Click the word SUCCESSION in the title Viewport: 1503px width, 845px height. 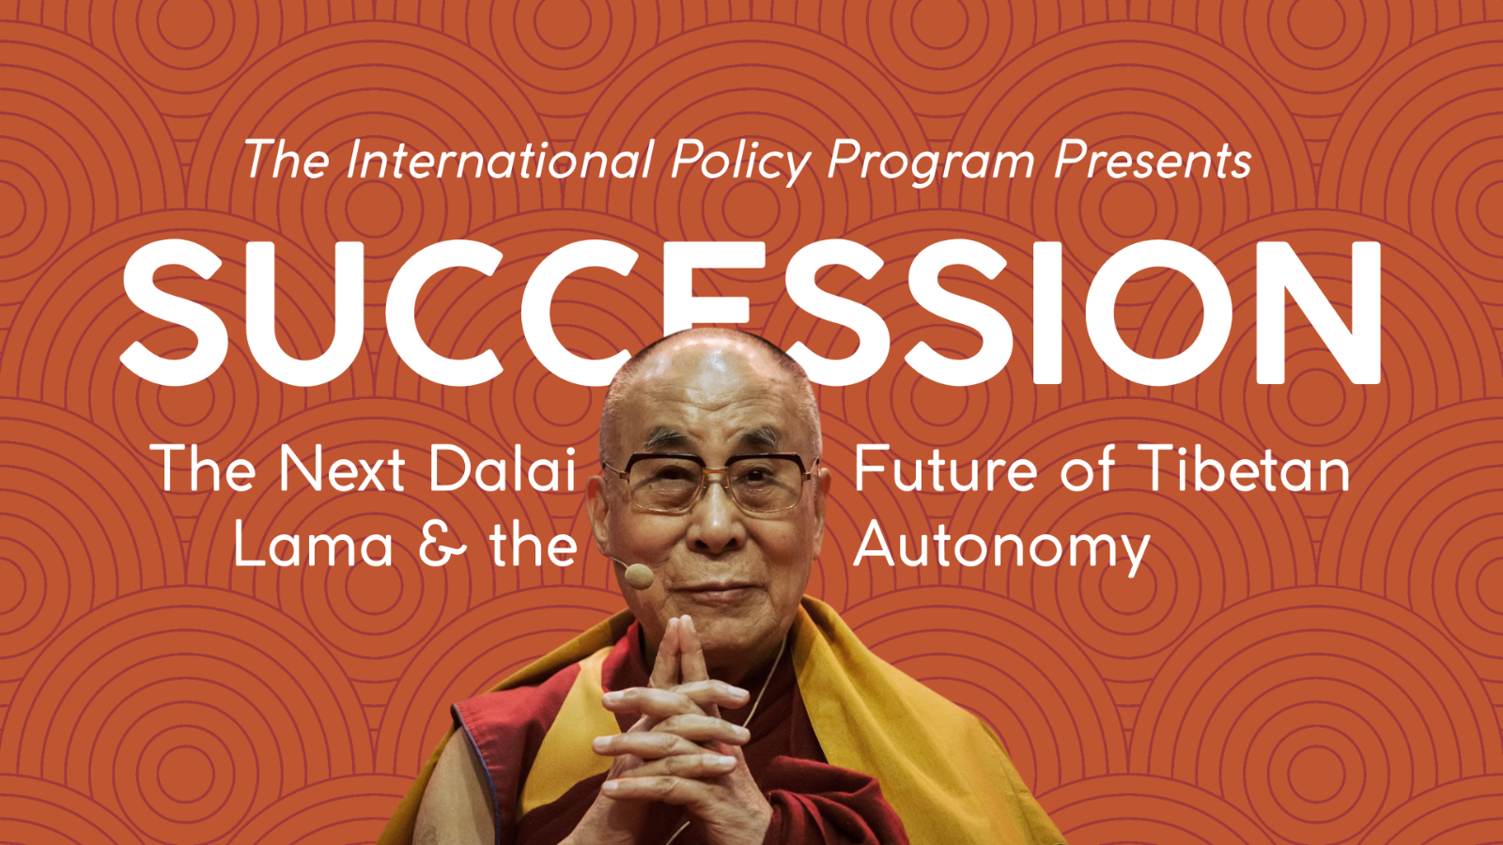[x=751, y=313]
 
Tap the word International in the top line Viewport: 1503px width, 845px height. [x=501, y=160]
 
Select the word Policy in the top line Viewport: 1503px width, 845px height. [x=741, y=163]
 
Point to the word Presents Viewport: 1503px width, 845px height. [x=1153, y=160]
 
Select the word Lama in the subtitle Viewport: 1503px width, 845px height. [x=313, y=544]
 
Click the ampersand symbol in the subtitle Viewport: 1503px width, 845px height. [x=442, y=544]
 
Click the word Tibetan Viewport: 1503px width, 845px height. [x=1246, y=468]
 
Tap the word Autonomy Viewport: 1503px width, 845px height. [x=1001, y=548]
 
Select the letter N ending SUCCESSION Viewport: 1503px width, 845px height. [x=1318, y=313]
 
